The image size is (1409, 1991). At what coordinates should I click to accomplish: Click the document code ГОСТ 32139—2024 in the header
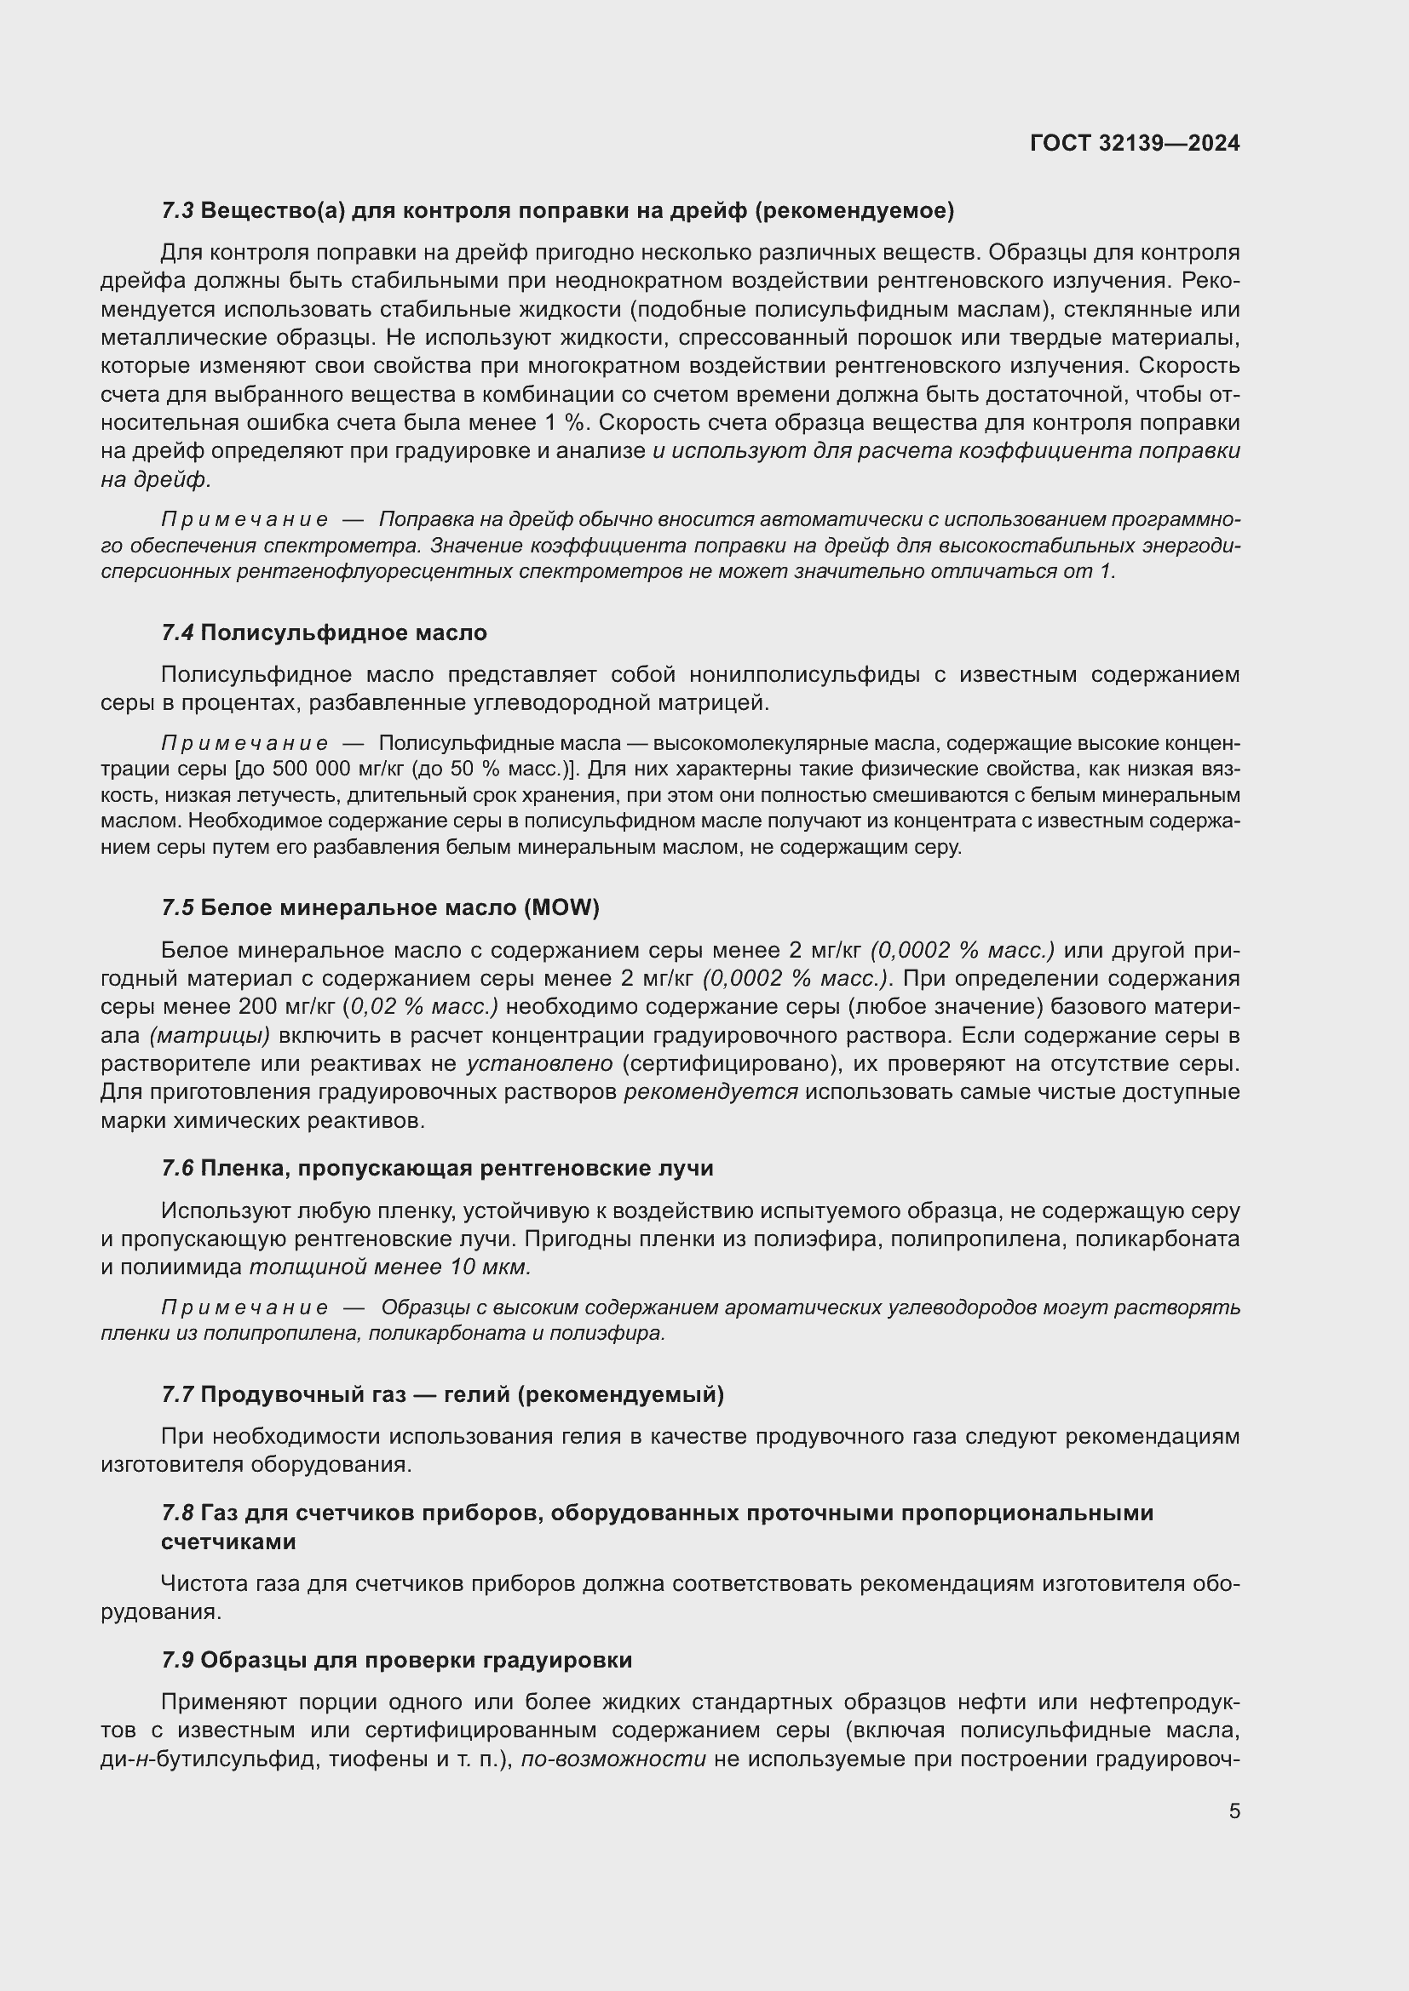(1134, 143)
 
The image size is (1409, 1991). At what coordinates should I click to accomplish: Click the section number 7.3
(177, 211)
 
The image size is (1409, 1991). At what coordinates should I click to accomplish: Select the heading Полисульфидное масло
(343, 633)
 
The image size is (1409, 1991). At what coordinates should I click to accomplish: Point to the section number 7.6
(177, 1168)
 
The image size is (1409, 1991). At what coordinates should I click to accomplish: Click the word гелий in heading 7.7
(474, 1394)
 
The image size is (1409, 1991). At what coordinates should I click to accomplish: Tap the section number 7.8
(177, 1513)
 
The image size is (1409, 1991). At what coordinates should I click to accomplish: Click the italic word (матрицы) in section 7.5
(209, 1035)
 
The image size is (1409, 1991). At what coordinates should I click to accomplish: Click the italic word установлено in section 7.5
(539, 1063)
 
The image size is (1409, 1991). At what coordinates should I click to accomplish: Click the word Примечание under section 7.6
(244, 1307)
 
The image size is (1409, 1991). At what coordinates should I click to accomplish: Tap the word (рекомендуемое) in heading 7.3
(854, 211)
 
